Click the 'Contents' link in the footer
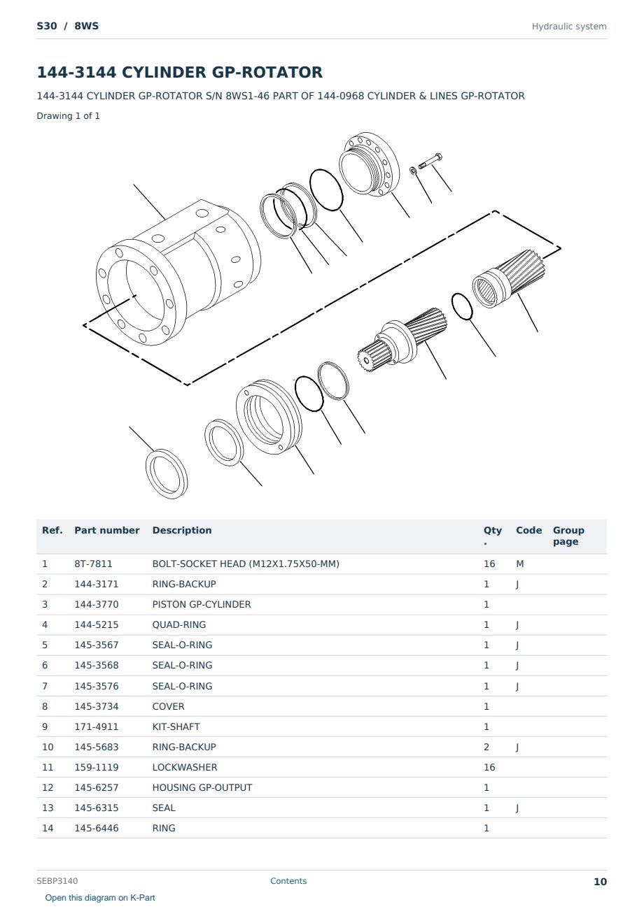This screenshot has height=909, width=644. click(288, 880)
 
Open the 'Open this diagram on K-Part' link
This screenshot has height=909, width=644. click(100, 897)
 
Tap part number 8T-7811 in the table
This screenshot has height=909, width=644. click(93, 564)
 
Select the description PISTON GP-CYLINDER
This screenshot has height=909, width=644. click(202, 604)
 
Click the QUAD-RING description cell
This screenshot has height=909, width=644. click(178, 624)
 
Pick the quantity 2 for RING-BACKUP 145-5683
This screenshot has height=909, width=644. click(486, 747)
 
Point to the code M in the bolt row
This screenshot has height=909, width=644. click(519, 564)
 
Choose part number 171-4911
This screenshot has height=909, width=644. click(97, 727)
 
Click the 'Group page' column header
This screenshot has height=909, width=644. click(568, 536)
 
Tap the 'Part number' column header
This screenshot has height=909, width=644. click(107, 530)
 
